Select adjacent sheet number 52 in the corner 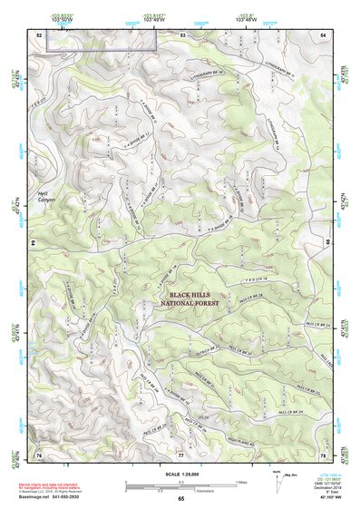[40, 34]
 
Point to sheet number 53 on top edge [182, 34]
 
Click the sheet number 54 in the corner [322, 34]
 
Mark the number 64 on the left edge [36, 243]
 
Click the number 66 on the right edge [325, 243]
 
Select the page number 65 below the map [181, 499]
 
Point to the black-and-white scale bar [181, 481]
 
